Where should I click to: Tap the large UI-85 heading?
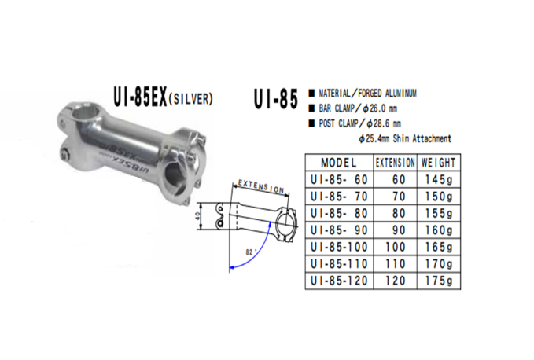[275, 100]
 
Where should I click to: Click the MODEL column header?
[339, 163]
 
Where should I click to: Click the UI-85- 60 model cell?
[339, 180]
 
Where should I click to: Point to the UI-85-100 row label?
[339, 246]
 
